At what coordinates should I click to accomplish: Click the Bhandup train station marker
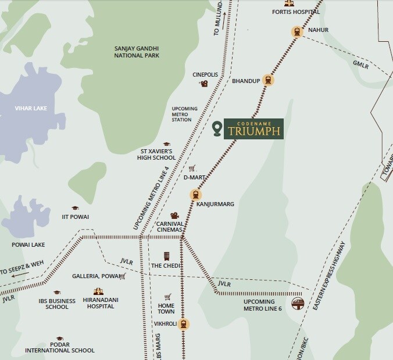267,80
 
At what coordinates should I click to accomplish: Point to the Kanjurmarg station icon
196,195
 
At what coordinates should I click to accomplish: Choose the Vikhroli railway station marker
183,324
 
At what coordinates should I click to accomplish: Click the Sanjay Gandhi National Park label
137,52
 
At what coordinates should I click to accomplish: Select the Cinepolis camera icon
204,84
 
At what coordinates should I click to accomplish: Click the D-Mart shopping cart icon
192,168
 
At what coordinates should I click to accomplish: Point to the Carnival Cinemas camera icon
174,216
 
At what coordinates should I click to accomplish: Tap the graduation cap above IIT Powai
75,208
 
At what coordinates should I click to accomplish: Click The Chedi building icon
167,257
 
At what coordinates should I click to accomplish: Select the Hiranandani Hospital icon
97,291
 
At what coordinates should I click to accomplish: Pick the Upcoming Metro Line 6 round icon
297,303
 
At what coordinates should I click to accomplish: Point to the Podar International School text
59,347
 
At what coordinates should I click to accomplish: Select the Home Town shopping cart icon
167,297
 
